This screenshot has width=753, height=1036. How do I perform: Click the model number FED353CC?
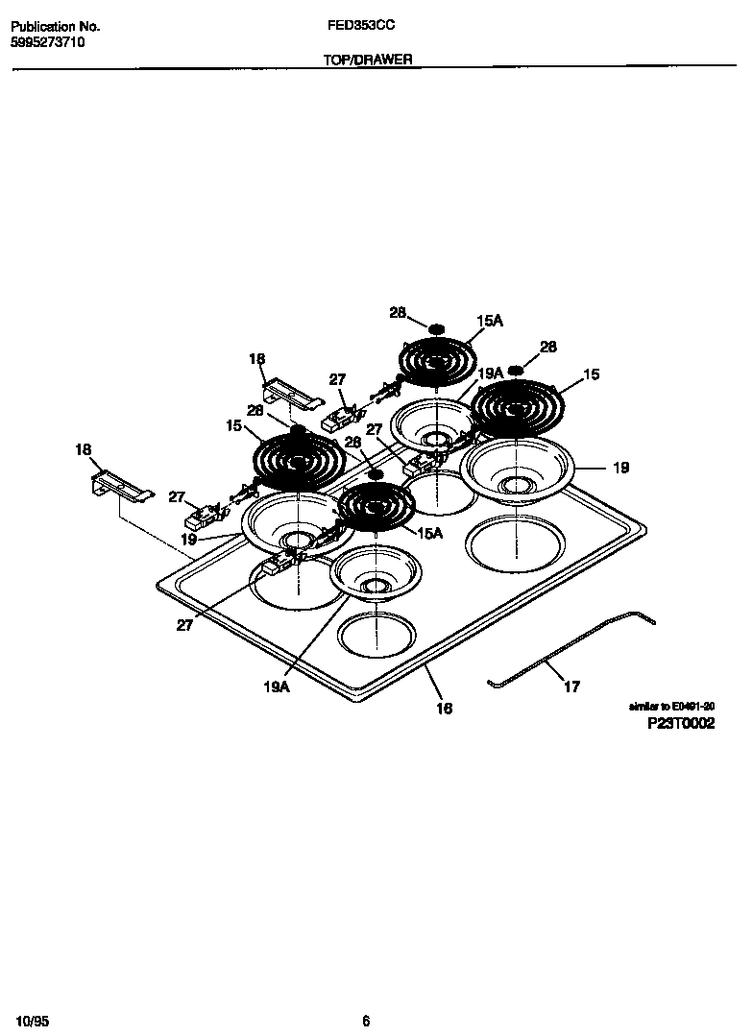(x=354, y=28)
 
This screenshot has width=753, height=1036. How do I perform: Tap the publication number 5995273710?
(x=48, y=43)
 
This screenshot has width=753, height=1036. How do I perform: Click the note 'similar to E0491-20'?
(x=671, y=706)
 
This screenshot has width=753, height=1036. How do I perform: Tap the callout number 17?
(x=571, y=687)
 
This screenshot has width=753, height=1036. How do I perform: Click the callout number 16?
(x=444, y=709)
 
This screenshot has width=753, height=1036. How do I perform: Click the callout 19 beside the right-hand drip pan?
(x=621, y=468)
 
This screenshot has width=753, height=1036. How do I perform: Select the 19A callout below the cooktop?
(x=277, y=686)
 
